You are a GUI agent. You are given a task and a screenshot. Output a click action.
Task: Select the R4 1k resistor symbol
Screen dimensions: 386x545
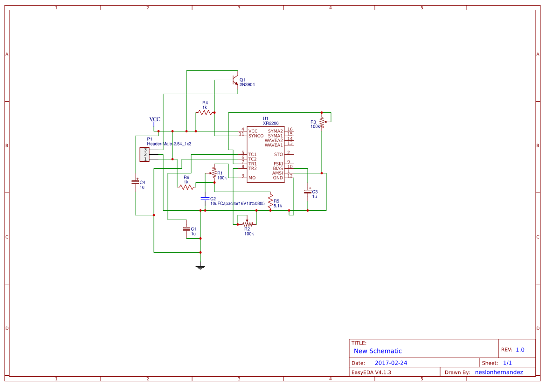coord(205,112)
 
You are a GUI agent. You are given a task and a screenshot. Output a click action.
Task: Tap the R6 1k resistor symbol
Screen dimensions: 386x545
coord(186,187)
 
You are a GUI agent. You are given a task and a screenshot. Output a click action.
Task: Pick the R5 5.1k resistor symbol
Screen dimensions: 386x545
coord(270,203)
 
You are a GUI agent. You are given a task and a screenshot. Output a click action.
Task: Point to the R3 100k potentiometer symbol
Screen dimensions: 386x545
coord(322,123)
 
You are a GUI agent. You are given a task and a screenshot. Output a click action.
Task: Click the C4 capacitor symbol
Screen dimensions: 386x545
coord(135,182)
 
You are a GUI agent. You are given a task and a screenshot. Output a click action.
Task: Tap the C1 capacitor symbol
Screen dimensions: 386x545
coord(186,229)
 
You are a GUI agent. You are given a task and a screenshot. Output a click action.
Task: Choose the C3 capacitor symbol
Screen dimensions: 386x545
coord(308,191)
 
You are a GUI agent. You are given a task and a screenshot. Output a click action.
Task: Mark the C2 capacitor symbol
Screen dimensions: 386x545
coord(205,199)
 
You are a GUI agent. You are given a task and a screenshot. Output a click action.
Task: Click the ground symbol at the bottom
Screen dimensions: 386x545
coord(200,267)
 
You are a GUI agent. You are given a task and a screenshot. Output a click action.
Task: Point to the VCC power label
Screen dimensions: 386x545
coord(154,120)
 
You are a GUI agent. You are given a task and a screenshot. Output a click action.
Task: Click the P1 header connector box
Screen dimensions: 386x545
coord(144,154)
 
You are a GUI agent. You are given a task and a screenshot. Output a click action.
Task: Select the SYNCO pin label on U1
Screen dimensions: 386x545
coord(256,136)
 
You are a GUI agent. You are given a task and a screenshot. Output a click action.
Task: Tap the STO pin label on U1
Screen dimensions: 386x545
coord(278,154)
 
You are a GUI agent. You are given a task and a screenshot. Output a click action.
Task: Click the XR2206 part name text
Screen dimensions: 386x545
coord(270,123)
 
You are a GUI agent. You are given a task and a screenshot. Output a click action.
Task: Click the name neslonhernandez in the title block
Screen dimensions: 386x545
coord(498,372)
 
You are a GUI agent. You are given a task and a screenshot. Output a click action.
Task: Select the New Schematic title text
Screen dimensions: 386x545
coord(378,351)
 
